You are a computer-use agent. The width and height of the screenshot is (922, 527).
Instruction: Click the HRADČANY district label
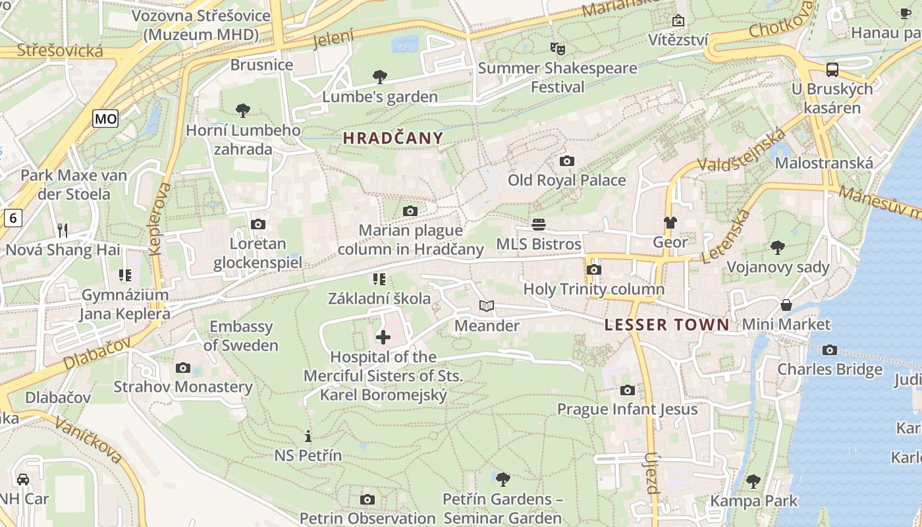393,138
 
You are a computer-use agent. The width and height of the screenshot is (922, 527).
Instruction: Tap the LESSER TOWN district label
666,324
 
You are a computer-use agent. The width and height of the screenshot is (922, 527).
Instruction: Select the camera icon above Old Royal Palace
566,161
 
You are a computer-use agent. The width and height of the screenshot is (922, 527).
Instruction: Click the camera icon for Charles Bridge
830,350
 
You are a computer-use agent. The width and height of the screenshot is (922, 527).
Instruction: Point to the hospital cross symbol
383,337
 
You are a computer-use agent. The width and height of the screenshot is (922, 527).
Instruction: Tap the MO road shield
105,119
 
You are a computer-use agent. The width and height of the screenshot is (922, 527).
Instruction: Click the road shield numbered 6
13,217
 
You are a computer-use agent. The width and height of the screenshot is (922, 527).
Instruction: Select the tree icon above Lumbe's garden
379,77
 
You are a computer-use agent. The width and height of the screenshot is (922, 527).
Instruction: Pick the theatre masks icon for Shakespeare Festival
558,48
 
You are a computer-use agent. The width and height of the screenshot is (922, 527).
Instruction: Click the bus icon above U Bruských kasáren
832,69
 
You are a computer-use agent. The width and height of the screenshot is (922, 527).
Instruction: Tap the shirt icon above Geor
670,223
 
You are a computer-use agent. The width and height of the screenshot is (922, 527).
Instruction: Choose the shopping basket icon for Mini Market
786,305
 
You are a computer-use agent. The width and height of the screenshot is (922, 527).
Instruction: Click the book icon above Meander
486,306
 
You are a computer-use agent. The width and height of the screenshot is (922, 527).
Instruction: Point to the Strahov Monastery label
183,387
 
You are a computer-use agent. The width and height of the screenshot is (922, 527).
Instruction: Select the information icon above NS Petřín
308,436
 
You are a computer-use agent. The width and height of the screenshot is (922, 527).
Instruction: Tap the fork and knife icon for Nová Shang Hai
63,230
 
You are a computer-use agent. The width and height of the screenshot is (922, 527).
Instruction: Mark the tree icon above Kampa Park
753,482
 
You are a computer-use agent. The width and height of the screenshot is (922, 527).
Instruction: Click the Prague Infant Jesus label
627,409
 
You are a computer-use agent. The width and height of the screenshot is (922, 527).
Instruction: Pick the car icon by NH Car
23,479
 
